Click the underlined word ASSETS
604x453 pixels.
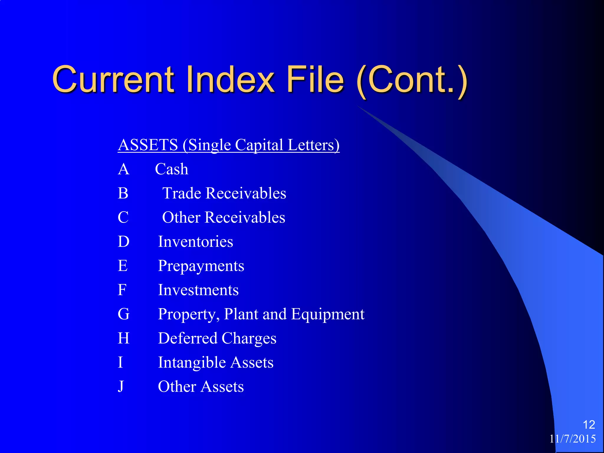[148, 145]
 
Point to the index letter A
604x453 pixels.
[124, 169]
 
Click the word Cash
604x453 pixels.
[172, 169]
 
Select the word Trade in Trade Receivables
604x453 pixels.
[182, 193]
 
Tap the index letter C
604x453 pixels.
[123, 218]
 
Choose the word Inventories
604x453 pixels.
[196, 242]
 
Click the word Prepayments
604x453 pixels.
[201, 266]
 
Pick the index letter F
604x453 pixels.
[122, 290]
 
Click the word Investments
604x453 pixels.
[198, 290]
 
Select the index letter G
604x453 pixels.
[124, 314]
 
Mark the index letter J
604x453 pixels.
[121, 387]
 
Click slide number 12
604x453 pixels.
[589, 425]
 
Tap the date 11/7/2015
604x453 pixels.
[572, 439]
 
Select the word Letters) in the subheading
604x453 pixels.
[314, 145]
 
